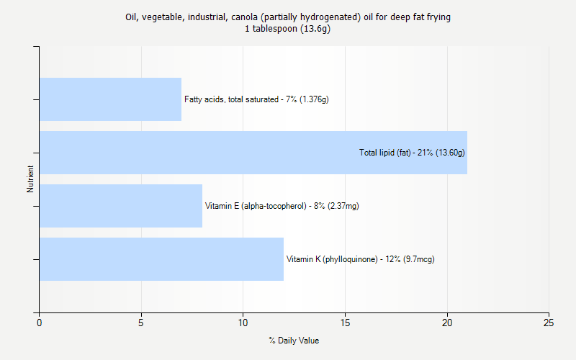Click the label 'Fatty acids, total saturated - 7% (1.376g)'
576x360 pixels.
[256, 99]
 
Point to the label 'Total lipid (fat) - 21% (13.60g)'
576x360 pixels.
[412, 153]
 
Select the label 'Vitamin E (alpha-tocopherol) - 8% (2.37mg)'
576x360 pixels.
[282, 206]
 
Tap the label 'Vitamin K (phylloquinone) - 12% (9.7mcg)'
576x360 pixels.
[360, 259]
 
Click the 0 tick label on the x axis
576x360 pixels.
[39, 323]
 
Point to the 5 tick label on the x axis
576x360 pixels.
[141, 323]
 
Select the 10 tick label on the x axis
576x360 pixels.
[243, 323]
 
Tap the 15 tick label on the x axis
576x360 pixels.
[345, 323]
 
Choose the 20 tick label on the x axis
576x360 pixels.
[447, 323]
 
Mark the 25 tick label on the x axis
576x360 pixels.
[549, 323]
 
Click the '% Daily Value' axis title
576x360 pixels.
[294, 341]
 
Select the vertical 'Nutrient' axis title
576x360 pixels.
[31, 179]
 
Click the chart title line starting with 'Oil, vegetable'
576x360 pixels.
[288, 17]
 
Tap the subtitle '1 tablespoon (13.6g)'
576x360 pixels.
[288, 29]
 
